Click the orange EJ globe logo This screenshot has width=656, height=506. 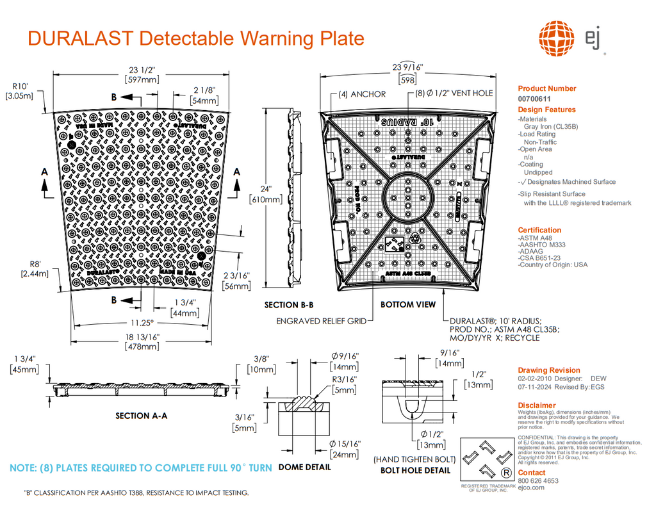557,38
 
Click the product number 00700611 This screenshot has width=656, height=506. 534,99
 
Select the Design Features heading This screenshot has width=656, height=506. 546,110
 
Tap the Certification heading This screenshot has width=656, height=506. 539,230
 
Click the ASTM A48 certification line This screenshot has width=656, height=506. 535,238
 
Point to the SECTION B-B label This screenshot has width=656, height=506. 289,305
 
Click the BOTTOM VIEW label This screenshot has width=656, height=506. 407,305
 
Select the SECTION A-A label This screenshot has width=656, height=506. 141,416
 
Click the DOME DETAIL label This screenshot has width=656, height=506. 305,467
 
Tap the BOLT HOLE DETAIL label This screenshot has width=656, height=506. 415,470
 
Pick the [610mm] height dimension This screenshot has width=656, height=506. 265,200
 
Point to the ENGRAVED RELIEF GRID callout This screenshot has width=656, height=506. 321,321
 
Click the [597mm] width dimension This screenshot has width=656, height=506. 142,80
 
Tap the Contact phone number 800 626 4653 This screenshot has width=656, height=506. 537,480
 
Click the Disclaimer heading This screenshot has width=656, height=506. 537,405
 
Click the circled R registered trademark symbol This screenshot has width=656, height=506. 506,473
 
